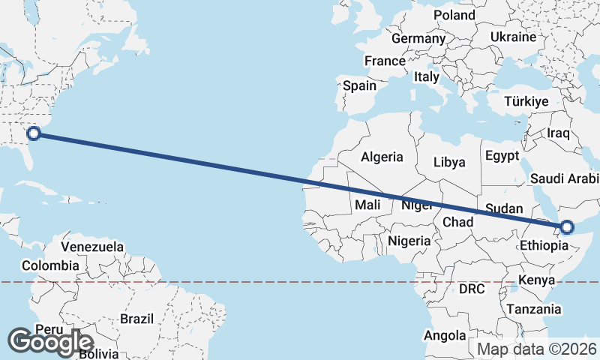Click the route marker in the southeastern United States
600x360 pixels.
click(x=33, y=134)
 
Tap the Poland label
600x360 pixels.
click(x=454, y=15)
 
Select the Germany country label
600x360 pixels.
click(x=418, y=38)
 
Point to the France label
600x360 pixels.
click(x=385, y=61)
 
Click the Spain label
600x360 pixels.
click(x=360, y=85)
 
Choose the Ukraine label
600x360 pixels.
click(x=513, y=37)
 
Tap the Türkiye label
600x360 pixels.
click(x=527, y=101)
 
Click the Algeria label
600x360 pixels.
click(x=382, y=157)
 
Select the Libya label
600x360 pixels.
click(x=449, y=162)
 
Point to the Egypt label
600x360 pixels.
click(x=502, y=157)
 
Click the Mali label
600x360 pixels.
click(x=367, y=204)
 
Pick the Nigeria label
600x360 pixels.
click(x=409, y=241)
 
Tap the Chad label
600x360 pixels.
click(x=457, y=222)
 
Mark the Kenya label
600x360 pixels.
click(x=535, y=280)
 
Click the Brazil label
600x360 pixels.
click(x=136, y=319)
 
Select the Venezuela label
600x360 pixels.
click(x=92, y=246)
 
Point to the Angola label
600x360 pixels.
click(x=445, y=335)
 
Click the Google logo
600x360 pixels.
click(x=50, y=342)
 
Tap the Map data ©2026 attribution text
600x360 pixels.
click(x=537, y=349)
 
